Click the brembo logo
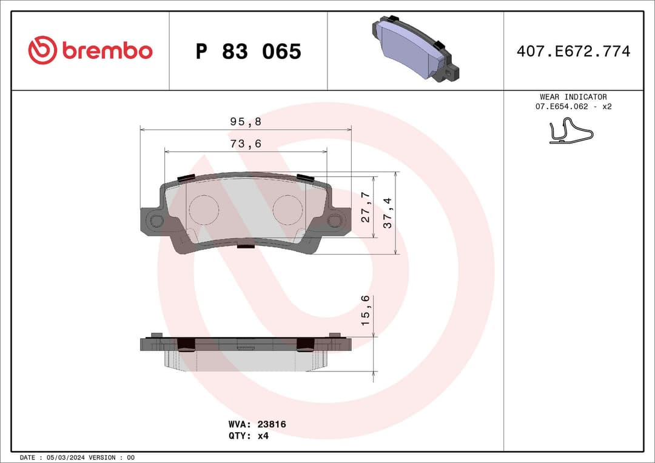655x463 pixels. pos(90,51)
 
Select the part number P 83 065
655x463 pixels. pos(248,52)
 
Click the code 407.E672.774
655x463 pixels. pos(573,52)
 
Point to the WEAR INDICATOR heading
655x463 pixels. pos(573,97)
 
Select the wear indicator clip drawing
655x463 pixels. pos(570,132)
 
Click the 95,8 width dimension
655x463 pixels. pos(246,122)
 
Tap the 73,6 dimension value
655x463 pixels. pos(246,144)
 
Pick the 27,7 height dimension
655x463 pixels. pos(366,207)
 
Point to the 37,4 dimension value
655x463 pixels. pos(388,213)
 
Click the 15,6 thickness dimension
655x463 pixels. pos(366,311)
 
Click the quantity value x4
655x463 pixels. pos(263,436)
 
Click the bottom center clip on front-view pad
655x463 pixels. pos(245,245)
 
